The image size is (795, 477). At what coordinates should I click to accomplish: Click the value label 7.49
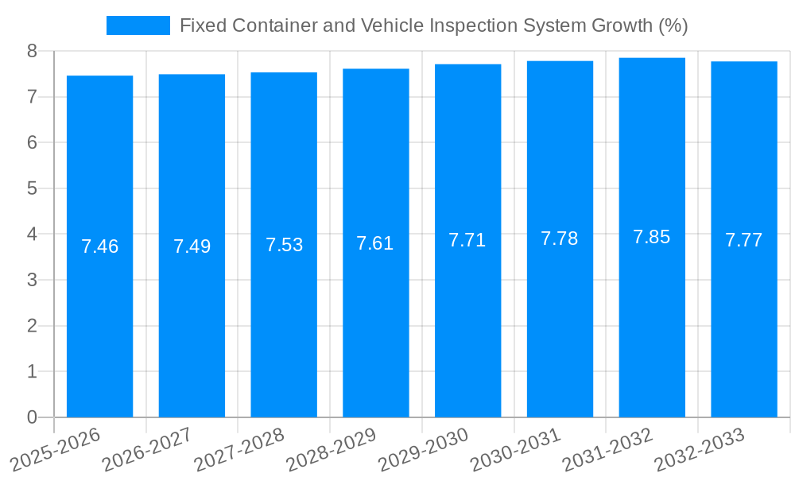[192, 246]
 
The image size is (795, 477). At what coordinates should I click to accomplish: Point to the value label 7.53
[284, 245]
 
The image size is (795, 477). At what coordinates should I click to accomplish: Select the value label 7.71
[467, 241]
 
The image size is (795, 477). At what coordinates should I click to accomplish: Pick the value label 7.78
[560, 238]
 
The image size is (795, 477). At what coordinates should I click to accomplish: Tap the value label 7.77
[743, 240]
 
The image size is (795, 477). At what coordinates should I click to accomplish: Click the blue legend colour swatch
[138, 25]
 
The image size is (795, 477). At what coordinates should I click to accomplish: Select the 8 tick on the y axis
[32, 51]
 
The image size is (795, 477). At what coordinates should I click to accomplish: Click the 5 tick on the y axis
[32, 188]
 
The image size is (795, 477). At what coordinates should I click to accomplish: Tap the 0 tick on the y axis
[32, 417]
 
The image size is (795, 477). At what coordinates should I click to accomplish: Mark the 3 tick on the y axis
[32, 280]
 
